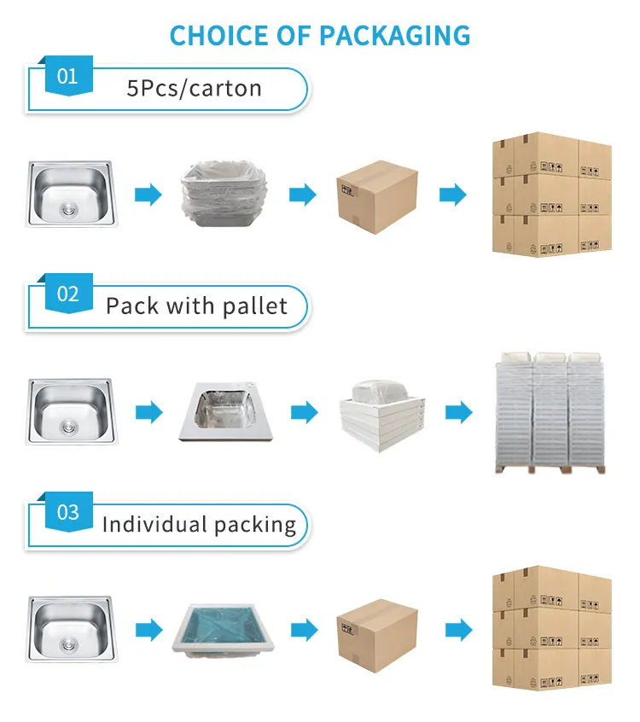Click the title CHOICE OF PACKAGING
pos(320,36)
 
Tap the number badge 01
pos(67,77)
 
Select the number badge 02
pos(67,294)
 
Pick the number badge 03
pos(67,513)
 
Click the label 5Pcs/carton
pos(194,89)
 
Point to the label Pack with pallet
pos(196,306)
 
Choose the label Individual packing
pos(199,524)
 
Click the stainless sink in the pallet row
pos(68,411)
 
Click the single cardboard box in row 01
pos(377,195)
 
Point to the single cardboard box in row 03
pos(377,631)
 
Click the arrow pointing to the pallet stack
pos(458,414)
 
